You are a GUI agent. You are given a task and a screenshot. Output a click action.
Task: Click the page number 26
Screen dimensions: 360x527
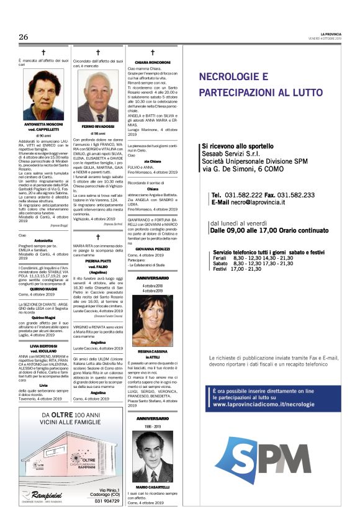tap(24, 37)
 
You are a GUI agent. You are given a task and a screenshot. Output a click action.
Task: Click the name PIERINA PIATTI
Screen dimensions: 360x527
tap(99, 261)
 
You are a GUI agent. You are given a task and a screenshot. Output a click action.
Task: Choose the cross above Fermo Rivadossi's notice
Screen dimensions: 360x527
tap(97, 52)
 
